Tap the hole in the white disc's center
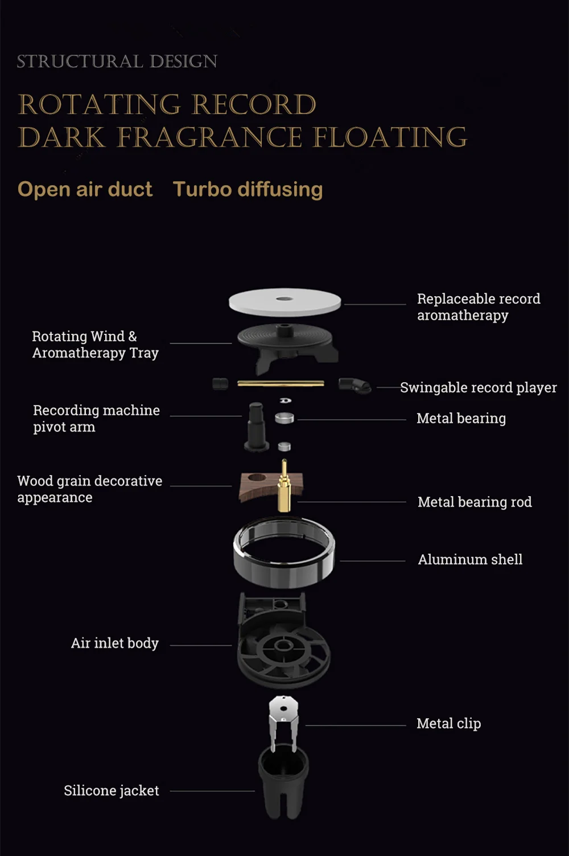pos(284,298)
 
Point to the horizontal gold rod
pos(281,384)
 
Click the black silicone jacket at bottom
pos(283,780)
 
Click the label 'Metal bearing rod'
pos(475,502)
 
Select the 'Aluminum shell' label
pos(470,559)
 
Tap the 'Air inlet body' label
pos(114,643)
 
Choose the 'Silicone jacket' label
pos(111,791)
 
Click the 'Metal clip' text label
pos(448,723)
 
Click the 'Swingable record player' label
pos(478,387)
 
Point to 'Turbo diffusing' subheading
pos(248,189)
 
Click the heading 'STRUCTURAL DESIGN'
pos(117,61)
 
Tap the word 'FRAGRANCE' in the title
pos(209,137)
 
